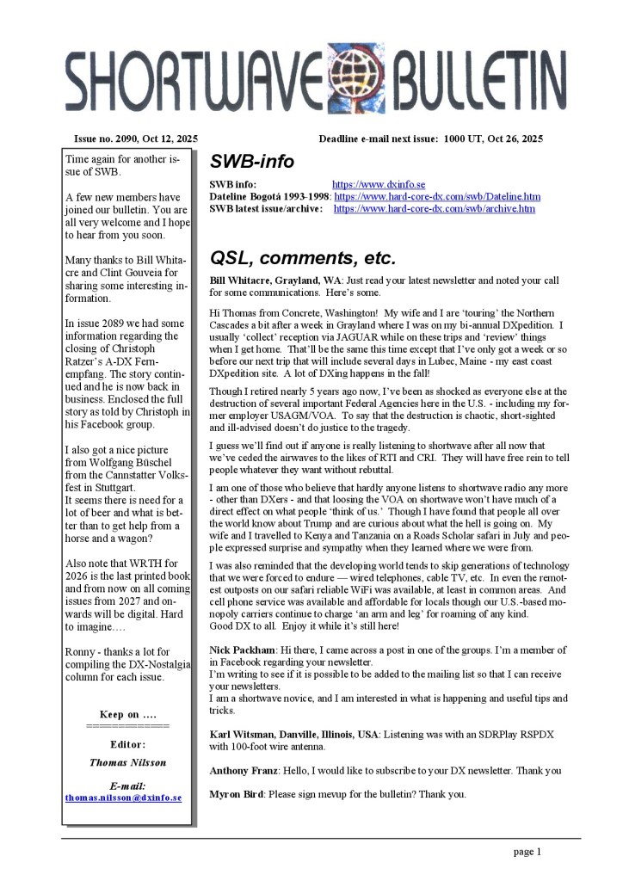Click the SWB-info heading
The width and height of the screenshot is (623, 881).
(x=252, y=162)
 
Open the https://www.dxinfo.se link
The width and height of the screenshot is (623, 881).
(x=379, y=184)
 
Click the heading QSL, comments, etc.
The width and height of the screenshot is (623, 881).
(x=302, y=257)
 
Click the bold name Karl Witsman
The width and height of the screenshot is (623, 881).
(x=241, y=733)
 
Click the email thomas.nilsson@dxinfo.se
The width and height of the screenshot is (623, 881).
(x=123, y=798)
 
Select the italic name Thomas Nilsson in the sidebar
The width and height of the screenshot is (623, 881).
(x=127, y=762)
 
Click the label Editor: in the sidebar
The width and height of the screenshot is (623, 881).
(x=128, y=743)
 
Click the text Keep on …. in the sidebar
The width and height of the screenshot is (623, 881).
(x=128, y=715)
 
